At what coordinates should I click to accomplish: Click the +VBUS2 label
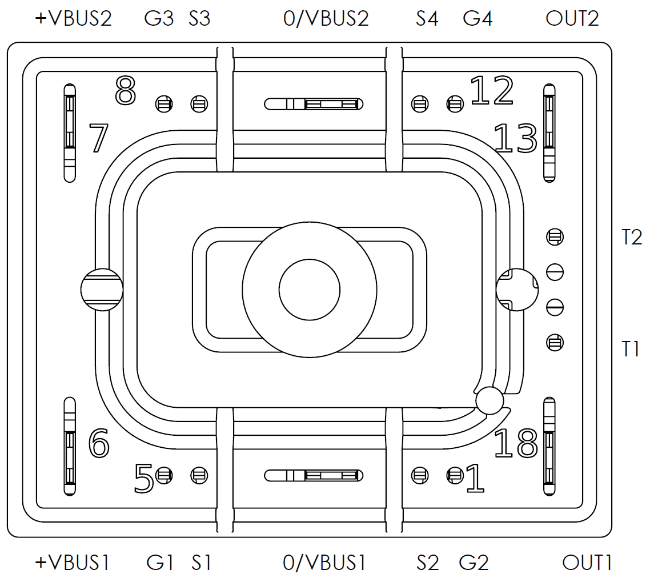73,18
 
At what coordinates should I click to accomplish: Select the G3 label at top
159,18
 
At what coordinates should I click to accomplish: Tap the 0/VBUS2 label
326,18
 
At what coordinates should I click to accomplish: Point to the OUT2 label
572,18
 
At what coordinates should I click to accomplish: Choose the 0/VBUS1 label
324,563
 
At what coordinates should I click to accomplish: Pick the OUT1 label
587,563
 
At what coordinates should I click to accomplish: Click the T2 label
632,237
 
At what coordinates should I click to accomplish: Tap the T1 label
631,348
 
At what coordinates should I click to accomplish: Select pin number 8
126,91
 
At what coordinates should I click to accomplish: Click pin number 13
515,138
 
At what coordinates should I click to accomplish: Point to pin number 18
515,443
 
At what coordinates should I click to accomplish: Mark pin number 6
99,443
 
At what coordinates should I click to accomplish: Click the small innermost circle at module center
309,290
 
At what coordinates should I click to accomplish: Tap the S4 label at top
427,18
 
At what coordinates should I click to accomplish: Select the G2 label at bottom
474,563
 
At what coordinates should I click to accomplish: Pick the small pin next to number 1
455,475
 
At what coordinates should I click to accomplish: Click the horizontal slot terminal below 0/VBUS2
314,104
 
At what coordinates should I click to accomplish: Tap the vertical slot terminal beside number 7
69,133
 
